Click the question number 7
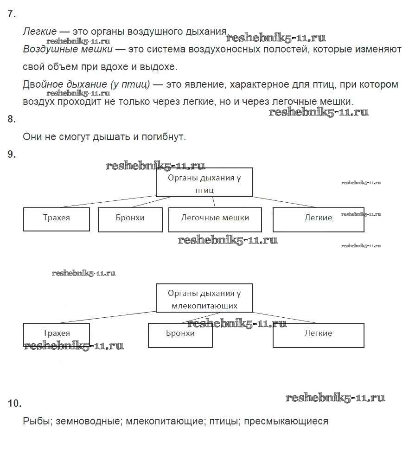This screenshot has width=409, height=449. tap(12, 14)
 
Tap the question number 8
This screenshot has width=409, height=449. tap(12, 119)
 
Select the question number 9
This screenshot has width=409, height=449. tap(12, 155)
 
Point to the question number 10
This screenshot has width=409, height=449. tap(14, 404)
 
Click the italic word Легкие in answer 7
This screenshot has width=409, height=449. tap(39, 32)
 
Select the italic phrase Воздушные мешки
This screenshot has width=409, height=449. tap(68, 49)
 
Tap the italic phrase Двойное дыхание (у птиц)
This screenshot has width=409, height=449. tap(86, 84)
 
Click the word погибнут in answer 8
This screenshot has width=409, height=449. tap(165, 137)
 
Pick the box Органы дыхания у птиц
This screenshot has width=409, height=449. tap(204, 182)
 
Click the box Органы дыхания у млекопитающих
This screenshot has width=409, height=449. tap(204, 298)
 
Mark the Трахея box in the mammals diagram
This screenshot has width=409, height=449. tap(56, 334)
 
